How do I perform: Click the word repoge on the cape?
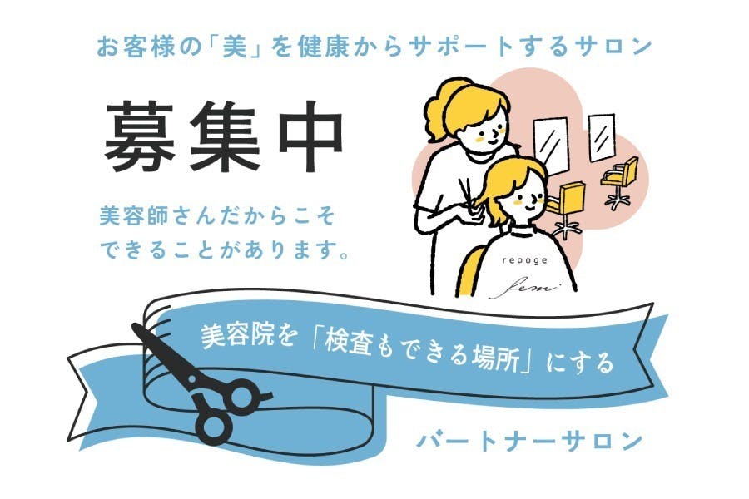(x=523, y=259)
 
